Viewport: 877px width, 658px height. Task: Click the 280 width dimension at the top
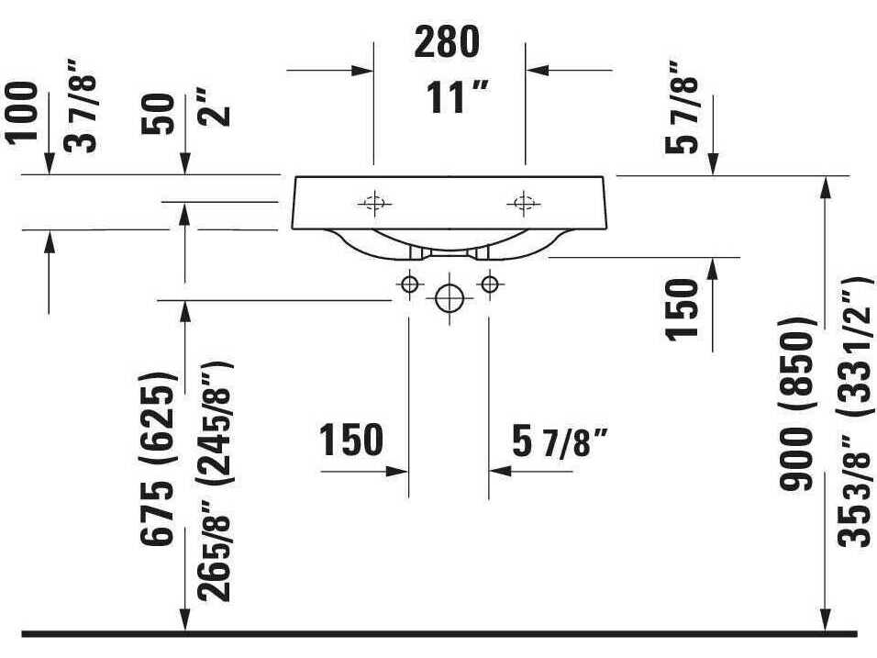point(447,41)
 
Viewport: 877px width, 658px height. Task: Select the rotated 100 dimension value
point(23,112)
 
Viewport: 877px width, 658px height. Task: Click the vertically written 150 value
point(683,308)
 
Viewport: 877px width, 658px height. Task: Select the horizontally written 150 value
point(351,441)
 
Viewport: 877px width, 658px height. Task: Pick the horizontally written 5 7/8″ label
point(561,445)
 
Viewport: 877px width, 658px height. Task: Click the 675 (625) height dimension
point(158,459)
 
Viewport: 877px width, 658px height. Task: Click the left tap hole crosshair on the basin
point(373,203)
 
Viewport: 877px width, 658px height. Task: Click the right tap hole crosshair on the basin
point(524,203)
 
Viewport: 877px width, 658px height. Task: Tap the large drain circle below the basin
point(449,297)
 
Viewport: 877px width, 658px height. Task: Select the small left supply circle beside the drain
point(409,284)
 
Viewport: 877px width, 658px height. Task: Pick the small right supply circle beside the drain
point(489,284)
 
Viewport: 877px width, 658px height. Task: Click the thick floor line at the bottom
point(438,634)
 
